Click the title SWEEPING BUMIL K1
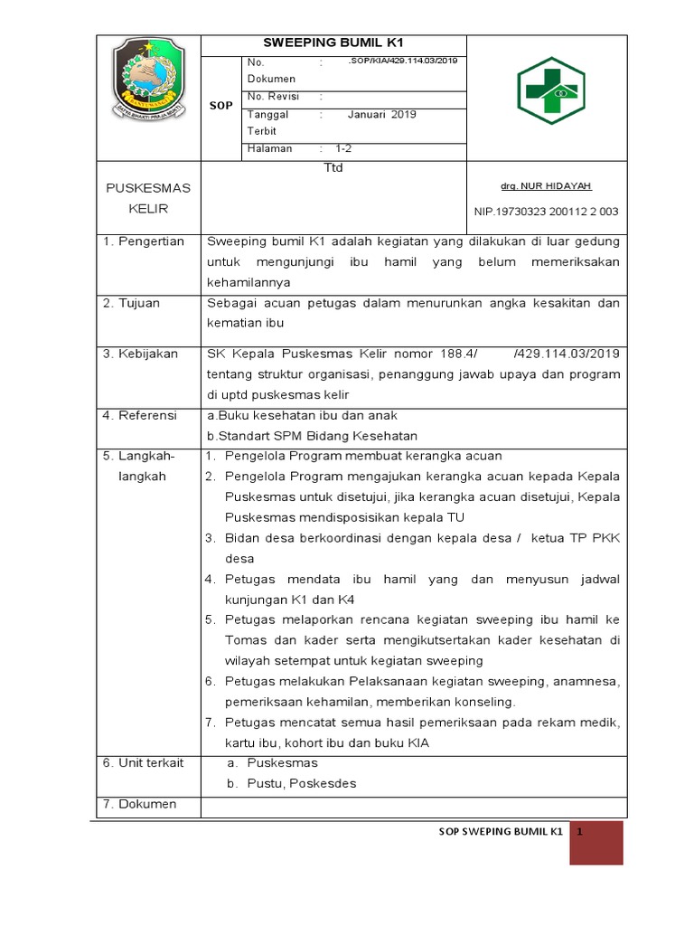coord(333,43)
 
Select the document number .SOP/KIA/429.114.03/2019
coord(403,60)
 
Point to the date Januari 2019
coord(381,115)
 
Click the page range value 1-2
coord(344,148)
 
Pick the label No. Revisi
coord(273,96)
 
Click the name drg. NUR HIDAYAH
coord(546,185)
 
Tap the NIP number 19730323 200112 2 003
coord(546,212)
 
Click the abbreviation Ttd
coord(333,168)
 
